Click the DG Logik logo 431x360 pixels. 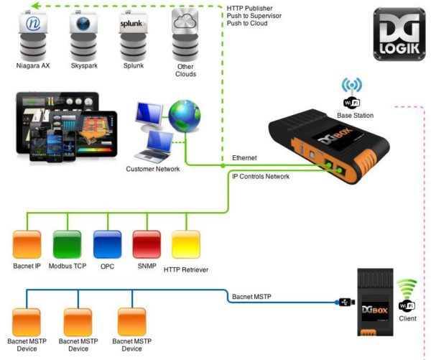click(398, 33)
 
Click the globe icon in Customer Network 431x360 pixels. click(185, 116)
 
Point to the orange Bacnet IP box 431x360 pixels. click(27, 244)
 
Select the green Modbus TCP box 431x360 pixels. click(67, 244)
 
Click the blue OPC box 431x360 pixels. click(107, 244)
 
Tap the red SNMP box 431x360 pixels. click(147, 244)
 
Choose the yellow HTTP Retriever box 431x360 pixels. click(187, 244)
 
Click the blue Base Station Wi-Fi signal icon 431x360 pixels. click(352, 85)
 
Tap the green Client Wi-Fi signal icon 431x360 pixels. click(407, 288)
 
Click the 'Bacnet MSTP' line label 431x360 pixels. click(251, 296)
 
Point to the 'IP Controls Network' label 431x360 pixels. click(260, 176)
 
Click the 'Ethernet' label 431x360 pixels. click(244, 157)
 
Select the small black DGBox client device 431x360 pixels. click(376, 301)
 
